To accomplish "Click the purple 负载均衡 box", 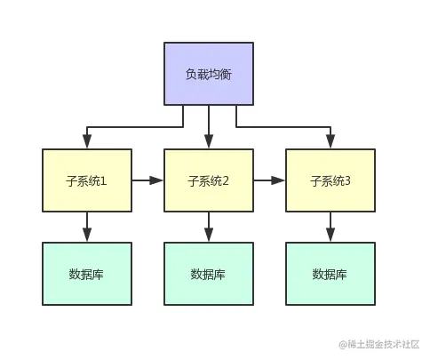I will [209, 73].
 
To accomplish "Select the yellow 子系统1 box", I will [87, 180].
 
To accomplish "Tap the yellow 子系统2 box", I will [209, 180].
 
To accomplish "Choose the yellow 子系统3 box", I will [330, 180].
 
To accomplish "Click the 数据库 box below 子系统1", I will [87, 274].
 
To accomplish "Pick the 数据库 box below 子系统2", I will [209, 274].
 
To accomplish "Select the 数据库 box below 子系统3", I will [330, 274].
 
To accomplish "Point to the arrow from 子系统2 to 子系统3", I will [269, 180].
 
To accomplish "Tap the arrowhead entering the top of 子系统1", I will [87, 140].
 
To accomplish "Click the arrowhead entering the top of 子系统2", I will [209, 140].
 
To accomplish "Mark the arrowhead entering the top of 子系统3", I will [330, 140].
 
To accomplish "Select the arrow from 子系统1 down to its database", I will [87, 227].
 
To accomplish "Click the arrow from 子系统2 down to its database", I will [209, 227].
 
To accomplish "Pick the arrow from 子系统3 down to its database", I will [330, 227].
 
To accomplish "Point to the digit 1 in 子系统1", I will [104, 181].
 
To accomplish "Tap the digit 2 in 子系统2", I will [226, 181].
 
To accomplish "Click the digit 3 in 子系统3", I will [347, 181].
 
